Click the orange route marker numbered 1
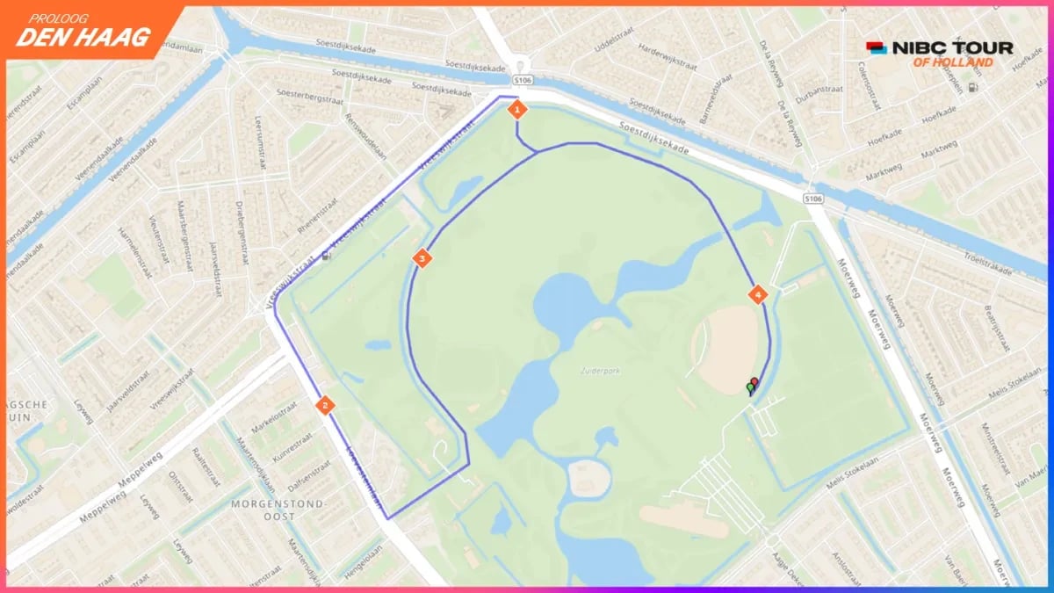click(x=517, y=110)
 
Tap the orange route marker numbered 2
click(x=325, y=405)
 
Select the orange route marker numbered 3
click(x=422, y=258)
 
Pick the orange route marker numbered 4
click(x=757, y=294)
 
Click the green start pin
click(x=749, y=387)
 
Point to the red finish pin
click(x=754, y=382)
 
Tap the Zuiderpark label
click(x=600, y=372)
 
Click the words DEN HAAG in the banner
click(x=83, y=37)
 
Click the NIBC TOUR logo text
click(x=952, y=48)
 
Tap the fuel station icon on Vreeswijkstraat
click(x=327, y=257)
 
